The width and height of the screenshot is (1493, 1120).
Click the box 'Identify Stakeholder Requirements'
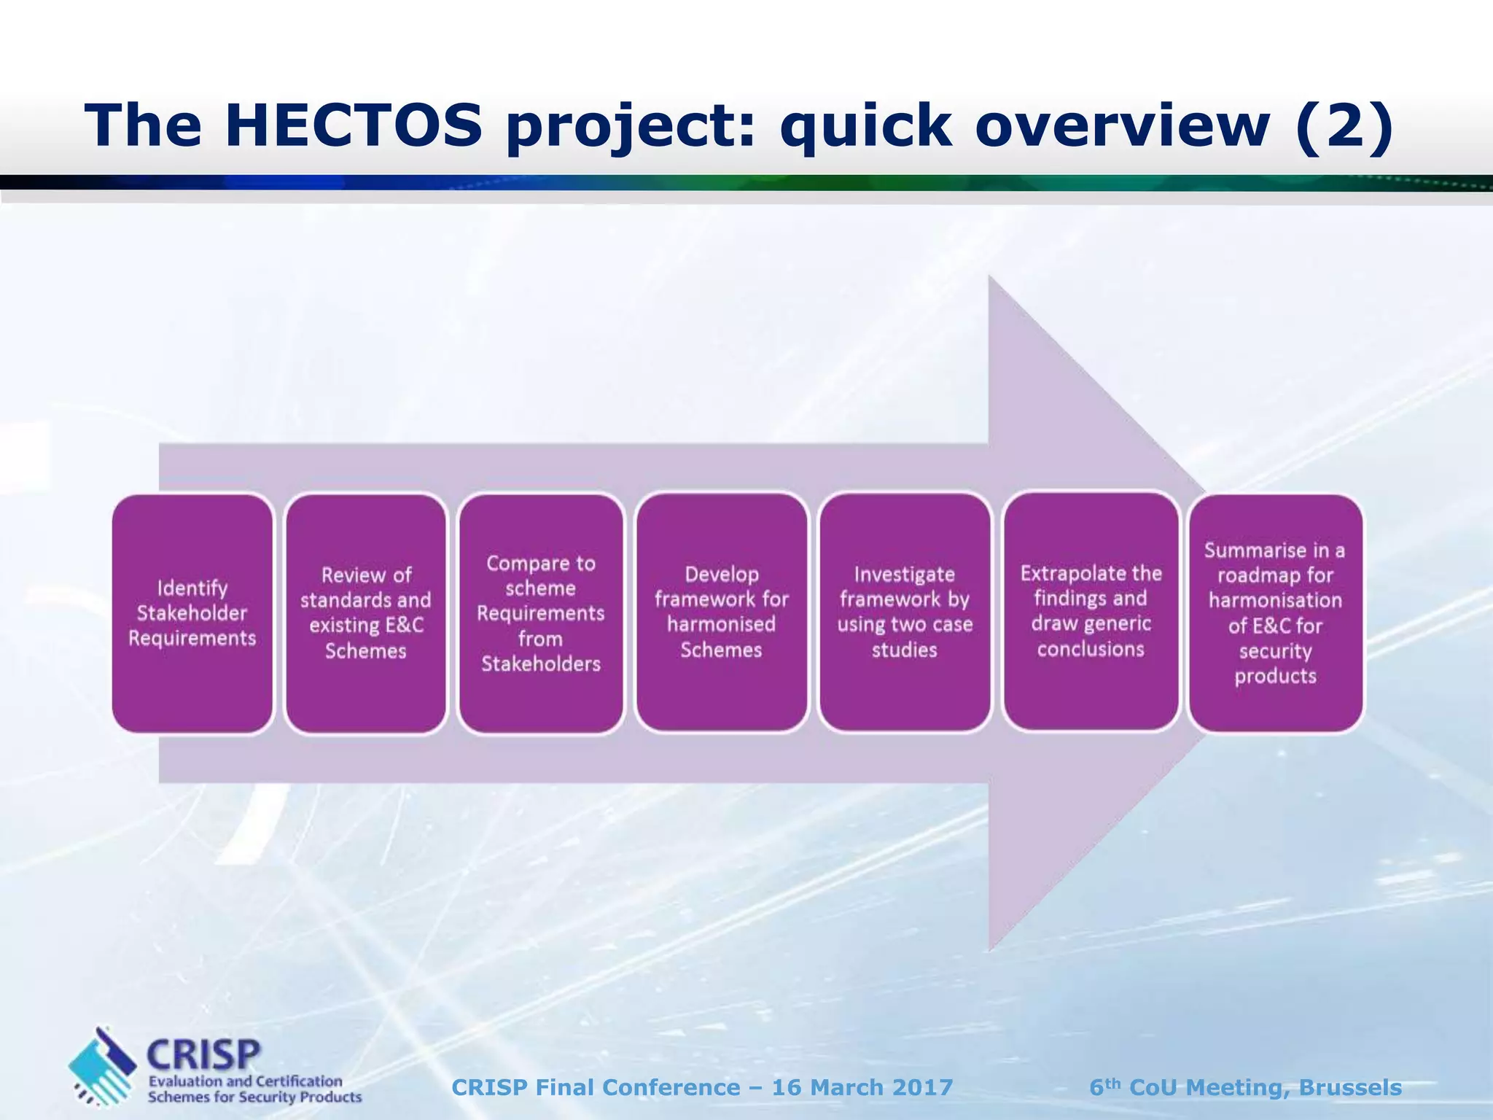coord(192,613)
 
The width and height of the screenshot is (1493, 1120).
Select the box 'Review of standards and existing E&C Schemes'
coord(366,613)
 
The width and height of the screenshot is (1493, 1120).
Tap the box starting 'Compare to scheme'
coord(541,613)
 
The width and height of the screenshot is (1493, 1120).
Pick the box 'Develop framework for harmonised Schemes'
coord(722,612)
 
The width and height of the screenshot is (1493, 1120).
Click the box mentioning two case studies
coord(905,612)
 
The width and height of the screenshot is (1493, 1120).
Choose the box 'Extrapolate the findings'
coord(1091,611)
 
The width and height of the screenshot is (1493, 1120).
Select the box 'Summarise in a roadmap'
coord(1275,612)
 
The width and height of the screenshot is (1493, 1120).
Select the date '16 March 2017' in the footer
coord(862,1087)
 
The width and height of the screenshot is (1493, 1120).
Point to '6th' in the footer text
coord(1104,1086)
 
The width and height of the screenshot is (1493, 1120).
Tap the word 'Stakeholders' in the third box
coord(541,664)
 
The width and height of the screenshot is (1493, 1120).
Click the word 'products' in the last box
coord(1275,676)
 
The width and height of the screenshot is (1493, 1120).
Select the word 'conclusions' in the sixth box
coord(1091,649)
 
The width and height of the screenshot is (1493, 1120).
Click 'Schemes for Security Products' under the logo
coord(254,1097)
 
